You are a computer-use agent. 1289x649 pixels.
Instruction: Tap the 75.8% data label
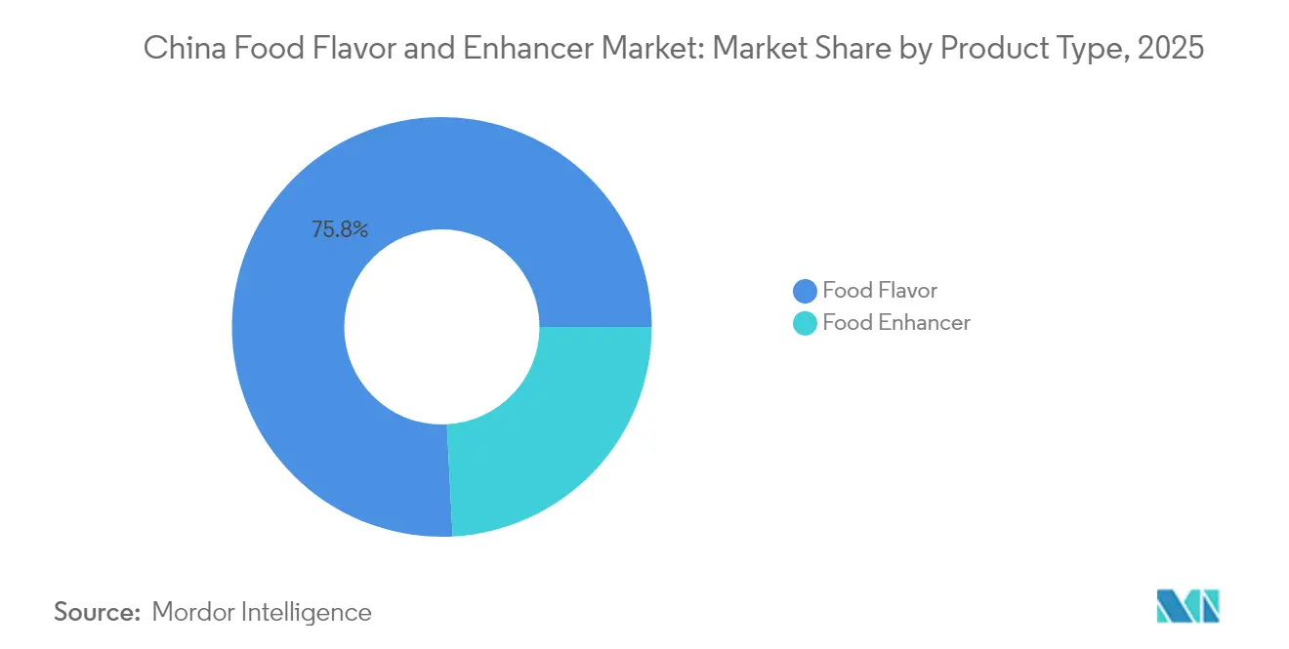pyautogui.click(x=340, y=230)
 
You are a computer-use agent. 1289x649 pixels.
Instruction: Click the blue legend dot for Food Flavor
pyautogui.click(x=805, y=291)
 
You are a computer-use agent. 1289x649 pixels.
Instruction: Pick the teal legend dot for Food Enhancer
pyautogui.click(x=805, y=323)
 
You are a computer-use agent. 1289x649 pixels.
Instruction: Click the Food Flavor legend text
pyautogui.click(x=879, y=291)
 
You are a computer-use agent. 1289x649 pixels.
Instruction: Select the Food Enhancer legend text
pyautogui.click(x=895, y=323)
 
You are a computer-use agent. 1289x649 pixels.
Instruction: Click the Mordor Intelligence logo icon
pyautogui.click(x=1187, y=606)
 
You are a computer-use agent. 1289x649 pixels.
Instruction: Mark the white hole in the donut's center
pyautogui.click(x=441, y=326)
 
